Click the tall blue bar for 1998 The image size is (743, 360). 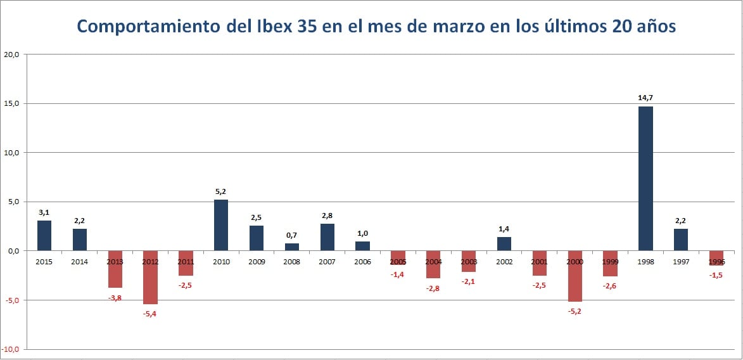645,178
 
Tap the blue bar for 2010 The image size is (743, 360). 221,225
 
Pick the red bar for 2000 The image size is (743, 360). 575,276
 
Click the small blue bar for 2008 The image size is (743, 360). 292,247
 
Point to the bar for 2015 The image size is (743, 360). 44,235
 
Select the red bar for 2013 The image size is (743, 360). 115,269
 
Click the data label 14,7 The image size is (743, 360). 645,98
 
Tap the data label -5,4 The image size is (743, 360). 149,314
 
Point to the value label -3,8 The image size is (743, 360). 115,297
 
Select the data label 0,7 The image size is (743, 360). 291,235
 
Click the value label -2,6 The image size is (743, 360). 610,286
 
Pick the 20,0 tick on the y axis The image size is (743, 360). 13,55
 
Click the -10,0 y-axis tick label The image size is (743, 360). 11,349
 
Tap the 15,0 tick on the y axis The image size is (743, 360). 13,103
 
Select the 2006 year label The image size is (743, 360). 362,261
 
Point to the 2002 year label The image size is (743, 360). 504,261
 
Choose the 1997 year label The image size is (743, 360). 681,261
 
